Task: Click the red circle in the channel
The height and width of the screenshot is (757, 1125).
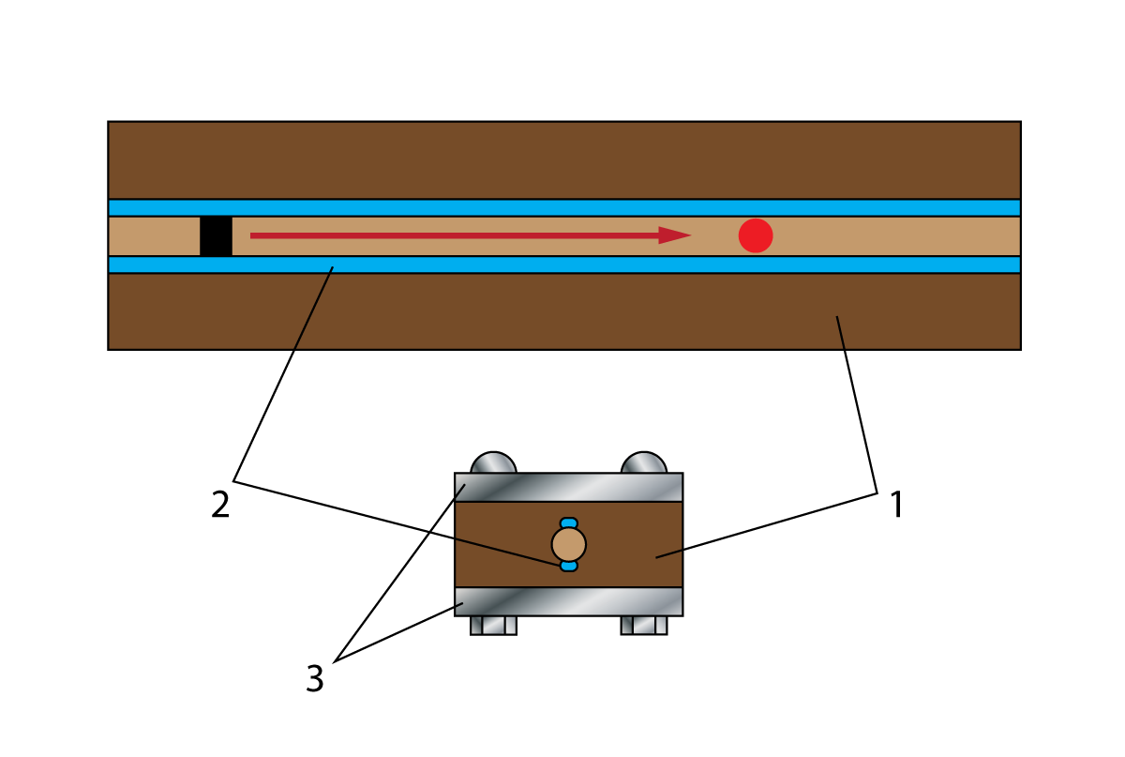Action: [756, 235]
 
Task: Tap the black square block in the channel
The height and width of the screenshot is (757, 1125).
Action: [216, 236]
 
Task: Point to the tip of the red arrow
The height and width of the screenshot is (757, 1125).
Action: [692, 235]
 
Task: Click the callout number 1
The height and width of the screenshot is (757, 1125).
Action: [896, 504]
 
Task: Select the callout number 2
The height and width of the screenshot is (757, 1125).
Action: [220, 504]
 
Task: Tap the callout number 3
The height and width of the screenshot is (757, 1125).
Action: [315, 678]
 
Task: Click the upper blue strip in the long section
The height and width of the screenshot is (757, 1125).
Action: [564, 207]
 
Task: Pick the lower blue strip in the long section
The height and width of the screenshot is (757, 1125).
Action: [564, 265]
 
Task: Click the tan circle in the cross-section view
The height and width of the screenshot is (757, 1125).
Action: [568, 544]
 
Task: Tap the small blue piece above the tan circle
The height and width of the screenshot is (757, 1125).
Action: [568, 522]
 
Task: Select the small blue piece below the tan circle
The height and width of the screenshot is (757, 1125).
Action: [568, 566]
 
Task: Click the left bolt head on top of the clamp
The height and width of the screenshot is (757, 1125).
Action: [493, 463]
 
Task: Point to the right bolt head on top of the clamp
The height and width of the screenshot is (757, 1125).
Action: [644, 463]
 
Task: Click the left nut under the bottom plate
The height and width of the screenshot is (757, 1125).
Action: [493, 626]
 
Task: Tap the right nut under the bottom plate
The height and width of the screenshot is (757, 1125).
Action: [644, 626]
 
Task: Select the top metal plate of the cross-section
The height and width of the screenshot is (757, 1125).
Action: [568, 487]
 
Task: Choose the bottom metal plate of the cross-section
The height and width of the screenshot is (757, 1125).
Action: [568, 601]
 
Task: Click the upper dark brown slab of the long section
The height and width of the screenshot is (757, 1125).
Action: [564, 160]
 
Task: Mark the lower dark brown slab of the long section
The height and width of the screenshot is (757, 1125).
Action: [564, 311]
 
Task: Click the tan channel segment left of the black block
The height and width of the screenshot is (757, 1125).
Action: [154, 236]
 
